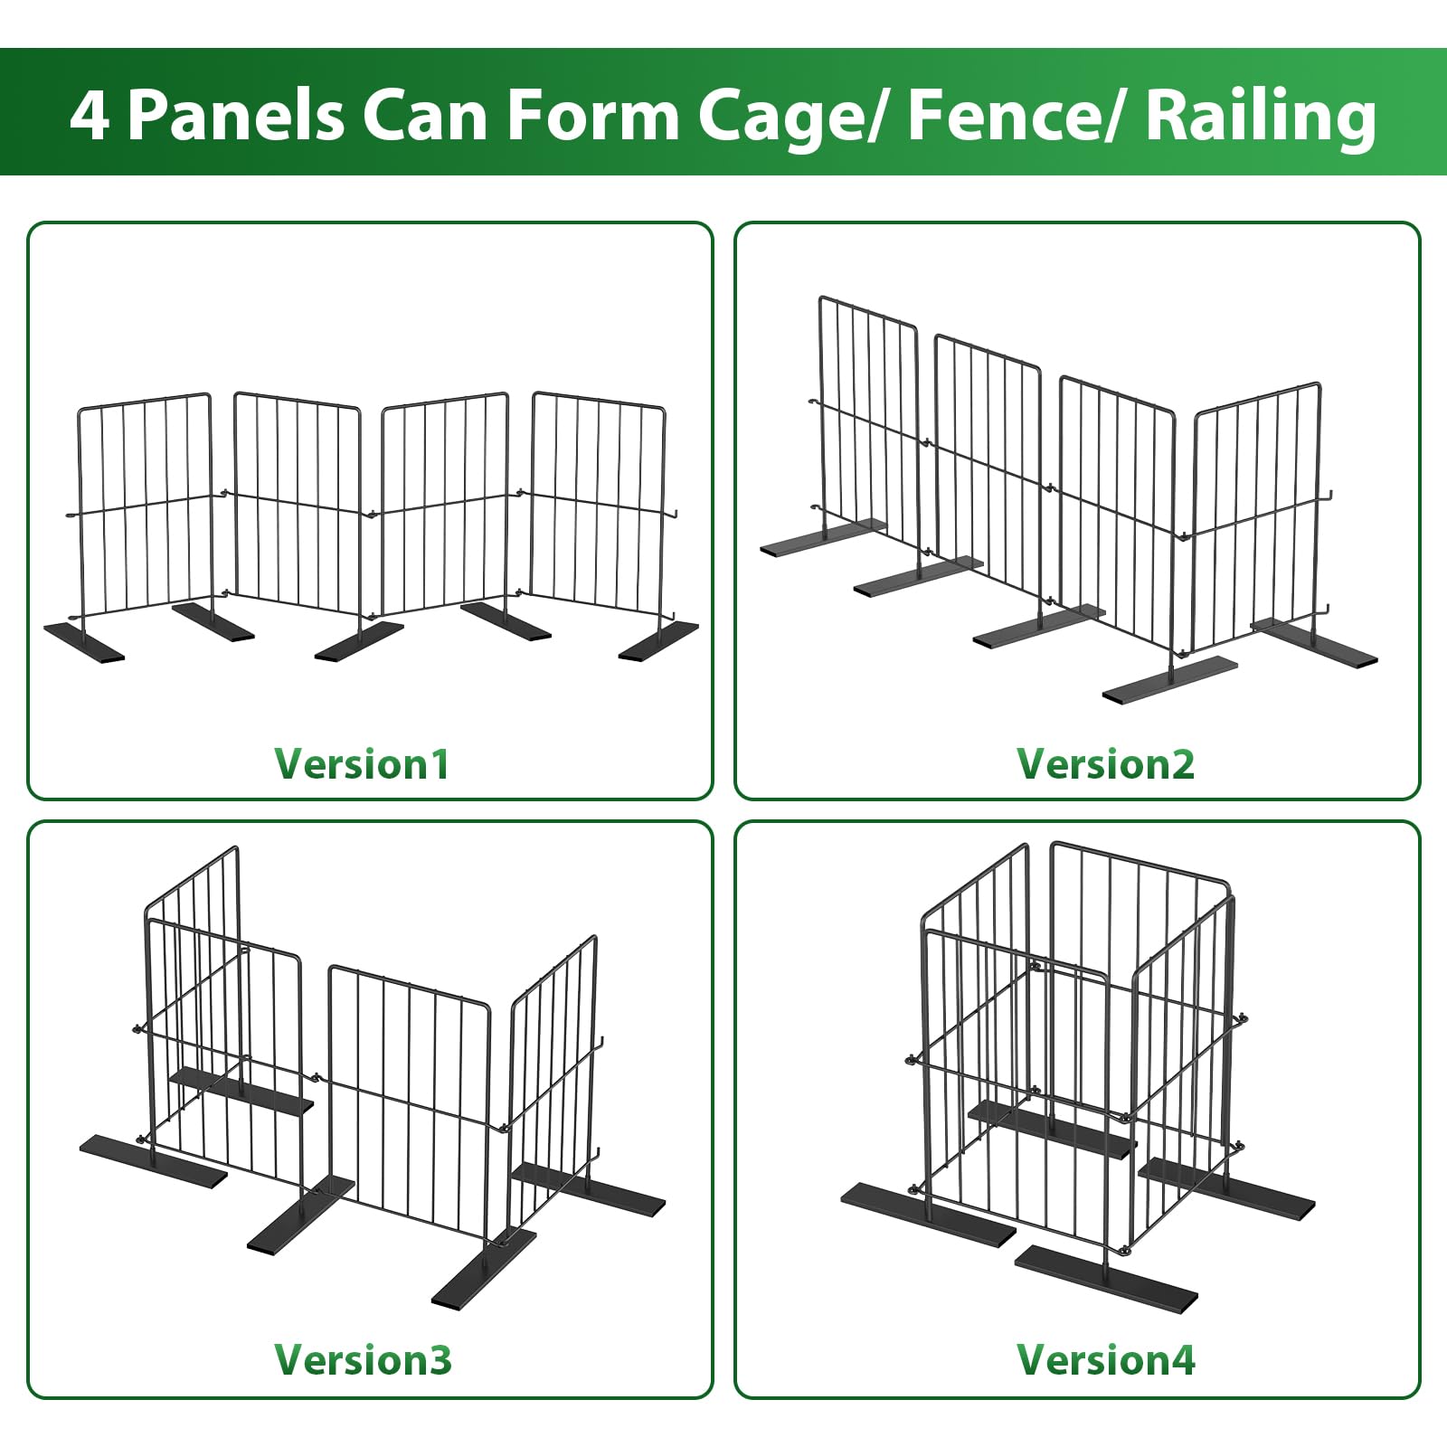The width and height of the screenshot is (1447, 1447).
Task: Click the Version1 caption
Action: click(x=362, y=764)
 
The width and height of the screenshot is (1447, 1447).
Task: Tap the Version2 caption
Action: click(x=1105, y=764)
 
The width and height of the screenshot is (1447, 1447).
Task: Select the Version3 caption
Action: click(x=363, y=1360)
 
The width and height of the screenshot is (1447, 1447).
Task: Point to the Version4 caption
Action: click(x=1105, y=1360)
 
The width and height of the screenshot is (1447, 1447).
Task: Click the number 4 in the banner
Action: click(x=90, y=114)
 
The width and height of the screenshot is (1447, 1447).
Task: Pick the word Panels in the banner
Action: click(x=235, y=114)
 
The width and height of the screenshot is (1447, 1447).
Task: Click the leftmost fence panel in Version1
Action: click(x=145, y=506)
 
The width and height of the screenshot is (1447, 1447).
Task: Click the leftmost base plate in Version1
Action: click(x=84, y=641)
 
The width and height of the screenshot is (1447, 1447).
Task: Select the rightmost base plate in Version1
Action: click(x=658, y=640)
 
